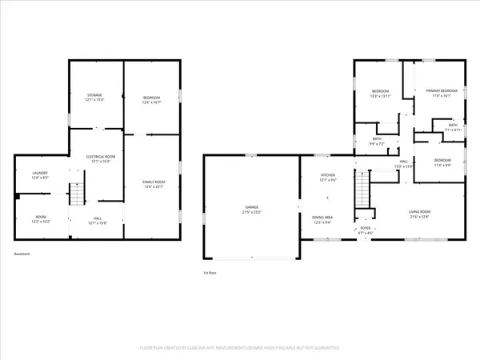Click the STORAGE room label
(x=94, y=96)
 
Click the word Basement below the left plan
(x=22, y=254)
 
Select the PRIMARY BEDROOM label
(x=441, y=92)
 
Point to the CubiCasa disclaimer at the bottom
(x=240, y=348)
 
